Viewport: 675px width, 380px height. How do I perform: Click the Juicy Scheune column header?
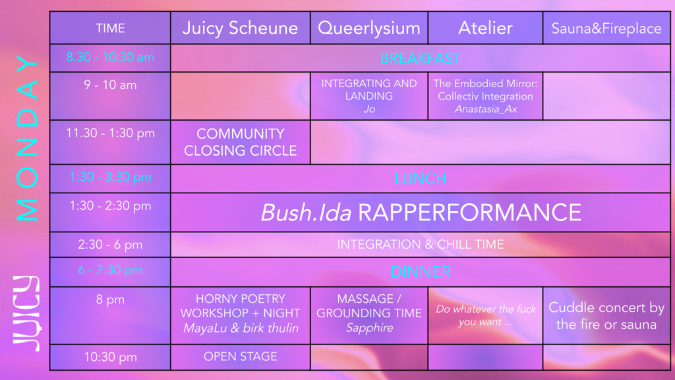pos(240,28)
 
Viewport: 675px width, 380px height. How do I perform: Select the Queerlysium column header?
pos(368,28)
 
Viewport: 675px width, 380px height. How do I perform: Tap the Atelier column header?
pos(485,28)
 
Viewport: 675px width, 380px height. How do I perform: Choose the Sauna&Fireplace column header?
pos(606,28)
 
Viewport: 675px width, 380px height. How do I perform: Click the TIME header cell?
pos(110,28)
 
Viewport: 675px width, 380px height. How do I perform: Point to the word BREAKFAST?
pos(420,58)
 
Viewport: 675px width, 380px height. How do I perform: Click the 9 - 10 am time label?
pos(110,85)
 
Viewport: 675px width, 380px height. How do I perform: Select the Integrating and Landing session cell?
pos(368,96)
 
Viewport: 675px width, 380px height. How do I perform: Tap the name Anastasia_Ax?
pos(485,109)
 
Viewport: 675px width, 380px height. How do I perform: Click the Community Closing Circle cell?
pos(240,142)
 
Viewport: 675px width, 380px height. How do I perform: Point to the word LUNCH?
pos(420,179)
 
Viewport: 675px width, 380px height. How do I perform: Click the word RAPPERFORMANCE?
pos(469,212)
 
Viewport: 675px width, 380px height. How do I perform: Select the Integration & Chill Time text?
pos(420,245)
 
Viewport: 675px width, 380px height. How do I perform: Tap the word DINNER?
pos(420,272)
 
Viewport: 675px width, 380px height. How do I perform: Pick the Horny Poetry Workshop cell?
pos(240,313)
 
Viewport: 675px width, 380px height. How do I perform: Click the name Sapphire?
pos(369,328)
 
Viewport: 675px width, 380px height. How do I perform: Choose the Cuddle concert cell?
pos(606,315)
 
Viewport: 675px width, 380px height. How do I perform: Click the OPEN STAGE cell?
pos(240,357)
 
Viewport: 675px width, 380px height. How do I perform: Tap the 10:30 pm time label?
pos(110,357)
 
